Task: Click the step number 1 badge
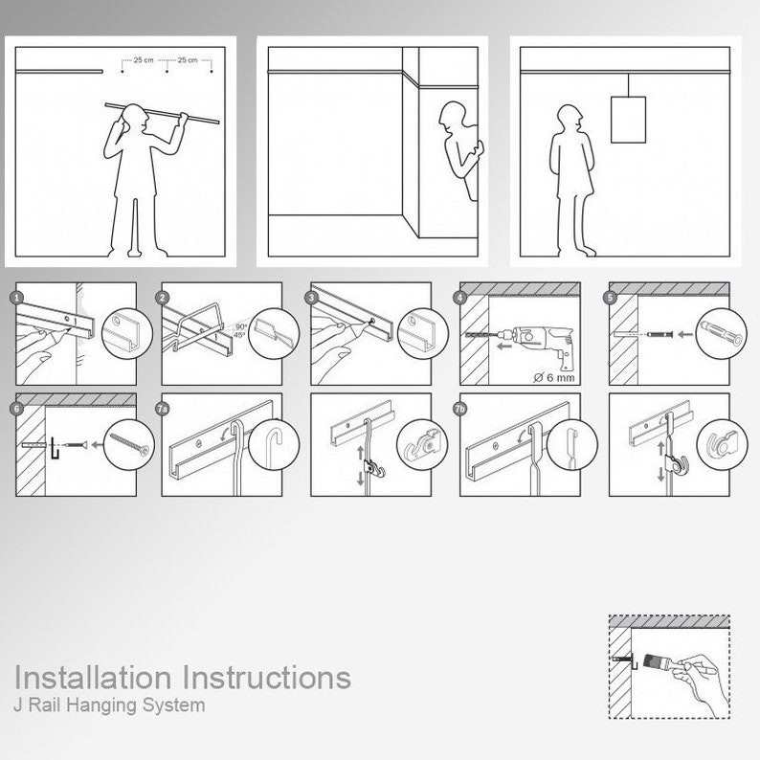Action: [16, 298]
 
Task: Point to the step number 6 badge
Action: [16, 409]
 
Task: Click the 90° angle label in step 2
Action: [239, 325]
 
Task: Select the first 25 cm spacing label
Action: [144, 60]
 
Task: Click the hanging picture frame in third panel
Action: [628, 119]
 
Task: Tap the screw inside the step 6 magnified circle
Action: [131, 444]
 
